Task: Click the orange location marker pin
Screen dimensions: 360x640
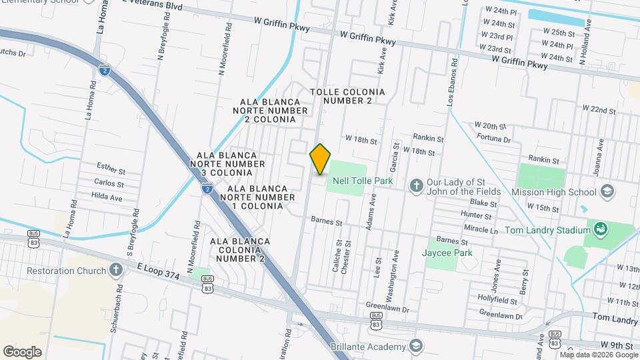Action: click(321, 159)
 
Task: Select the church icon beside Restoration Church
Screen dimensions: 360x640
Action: click(116, 270)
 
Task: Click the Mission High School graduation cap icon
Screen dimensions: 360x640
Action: click(607, 192)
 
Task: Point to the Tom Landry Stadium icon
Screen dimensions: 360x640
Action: click(601, 230)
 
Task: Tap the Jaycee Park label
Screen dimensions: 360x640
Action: click(447, 253)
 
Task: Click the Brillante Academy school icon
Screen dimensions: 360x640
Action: click(416, 347)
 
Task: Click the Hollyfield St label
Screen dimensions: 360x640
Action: click(497, 297)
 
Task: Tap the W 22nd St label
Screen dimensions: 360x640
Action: click(598, 109)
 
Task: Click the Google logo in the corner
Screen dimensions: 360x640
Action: click(22, 351)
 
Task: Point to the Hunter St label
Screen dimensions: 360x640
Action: click(476, 216)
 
